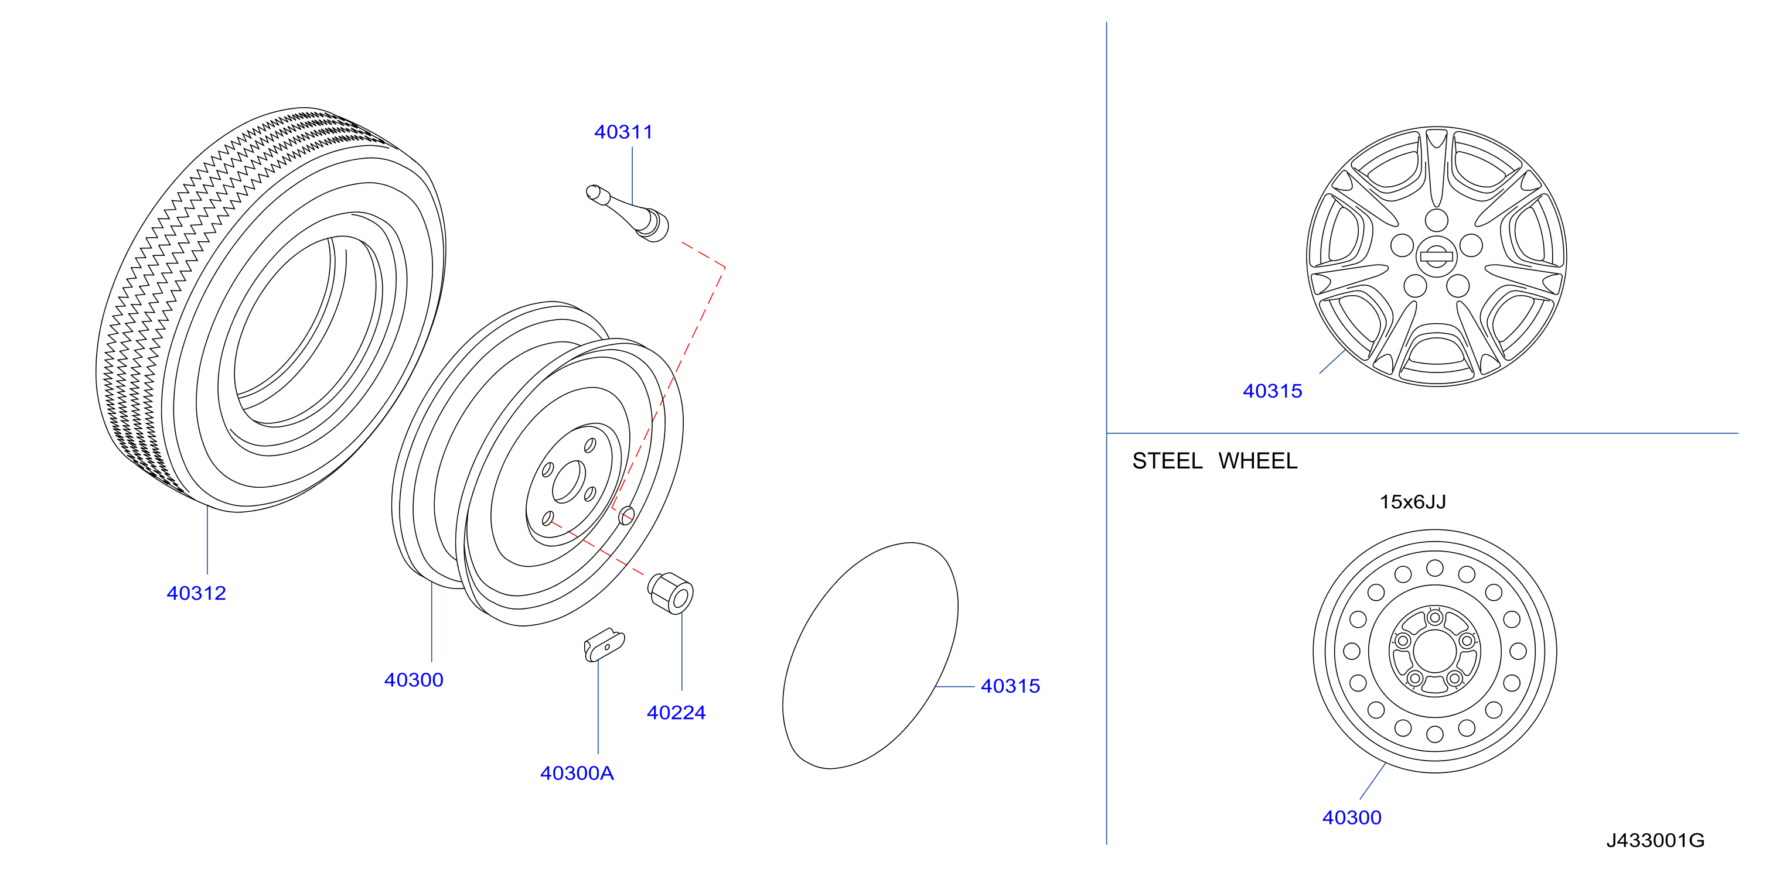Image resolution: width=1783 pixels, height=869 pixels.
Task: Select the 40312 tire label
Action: pos(196,593)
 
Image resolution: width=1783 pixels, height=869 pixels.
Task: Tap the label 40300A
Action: pos(577,773)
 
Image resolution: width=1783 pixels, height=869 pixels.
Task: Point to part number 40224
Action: pos(676,713)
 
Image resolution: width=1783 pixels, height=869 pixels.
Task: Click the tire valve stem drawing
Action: pos(627,213)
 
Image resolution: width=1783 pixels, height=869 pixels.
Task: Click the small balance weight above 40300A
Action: pos(604,645)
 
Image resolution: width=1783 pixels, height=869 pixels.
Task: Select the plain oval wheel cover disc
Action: pos(870,655)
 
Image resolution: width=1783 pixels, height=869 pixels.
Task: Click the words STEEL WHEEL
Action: pos(1214,461)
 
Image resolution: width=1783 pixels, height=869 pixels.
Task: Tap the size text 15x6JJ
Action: pos(1412,502)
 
